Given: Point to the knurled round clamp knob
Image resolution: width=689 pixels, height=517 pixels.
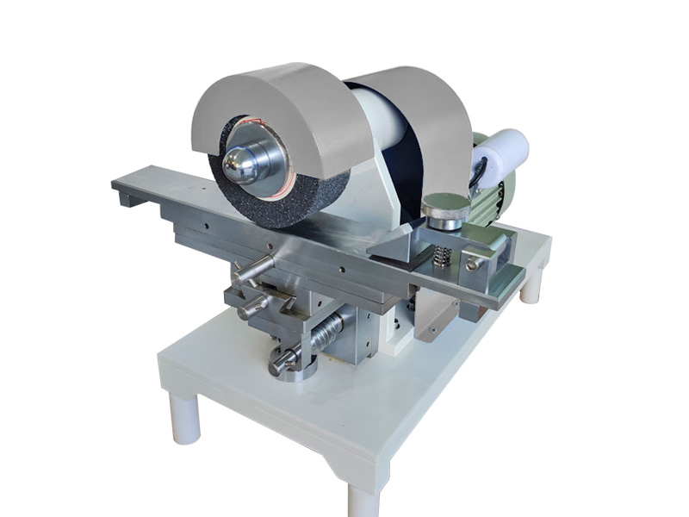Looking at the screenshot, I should click(445, 207).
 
